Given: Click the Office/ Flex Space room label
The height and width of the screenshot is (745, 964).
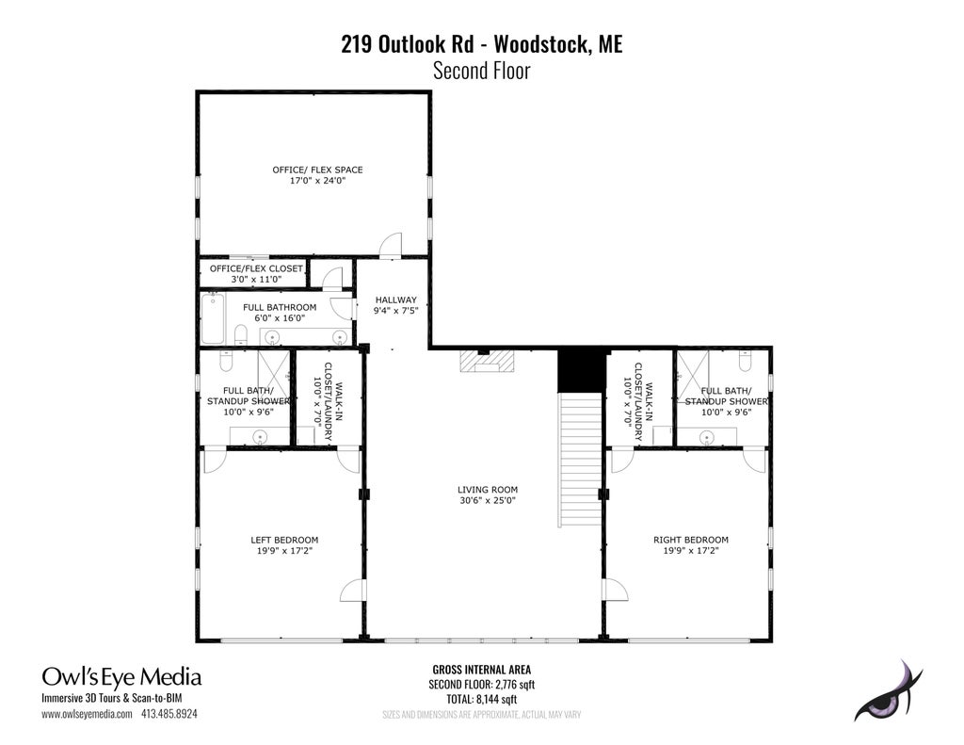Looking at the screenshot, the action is [317, 170].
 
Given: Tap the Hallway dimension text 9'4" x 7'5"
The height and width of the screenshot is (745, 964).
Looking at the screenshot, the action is [396, 311].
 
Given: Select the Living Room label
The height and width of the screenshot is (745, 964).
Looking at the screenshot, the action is [488, 490].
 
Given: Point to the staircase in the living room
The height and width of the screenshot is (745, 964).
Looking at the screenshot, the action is [580, 460].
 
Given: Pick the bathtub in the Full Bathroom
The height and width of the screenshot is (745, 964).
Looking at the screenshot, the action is [213, 318].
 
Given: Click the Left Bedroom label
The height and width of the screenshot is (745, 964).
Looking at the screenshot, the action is [284, 540].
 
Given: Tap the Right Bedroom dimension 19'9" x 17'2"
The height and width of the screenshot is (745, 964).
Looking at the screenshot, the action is [690, 551].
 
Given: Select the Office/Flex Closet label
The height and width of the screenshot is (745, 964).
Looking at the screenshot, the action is [256, 268].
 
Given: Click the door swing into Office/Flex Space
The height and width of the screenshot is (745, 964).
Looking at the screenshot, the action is [391, 245].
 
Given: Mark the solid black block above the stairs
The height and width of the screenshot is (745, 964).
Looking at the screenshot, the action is [581, 371].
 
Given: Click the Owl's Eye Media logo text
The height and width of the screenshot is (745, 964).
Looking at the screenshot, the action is [121, 677].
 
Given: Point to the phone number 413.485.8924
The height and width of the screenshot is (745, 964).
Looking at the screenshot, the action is [169, 714].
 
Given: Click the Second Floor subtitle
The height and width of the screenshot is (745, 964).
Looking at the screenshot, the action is [481, 71].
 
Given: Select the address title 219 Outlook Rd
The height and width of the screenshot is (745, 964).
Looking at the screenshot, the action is [407, 44].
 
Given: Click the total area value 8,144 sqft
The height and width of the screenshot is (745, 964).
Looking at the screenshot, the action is [496, 700].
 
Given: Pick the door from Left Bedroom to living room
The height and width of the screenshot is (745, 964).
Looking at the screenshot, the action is [352, 590].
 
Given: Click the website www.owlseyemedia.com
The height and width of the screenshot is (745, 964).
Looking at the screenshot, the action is [87, 714].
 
